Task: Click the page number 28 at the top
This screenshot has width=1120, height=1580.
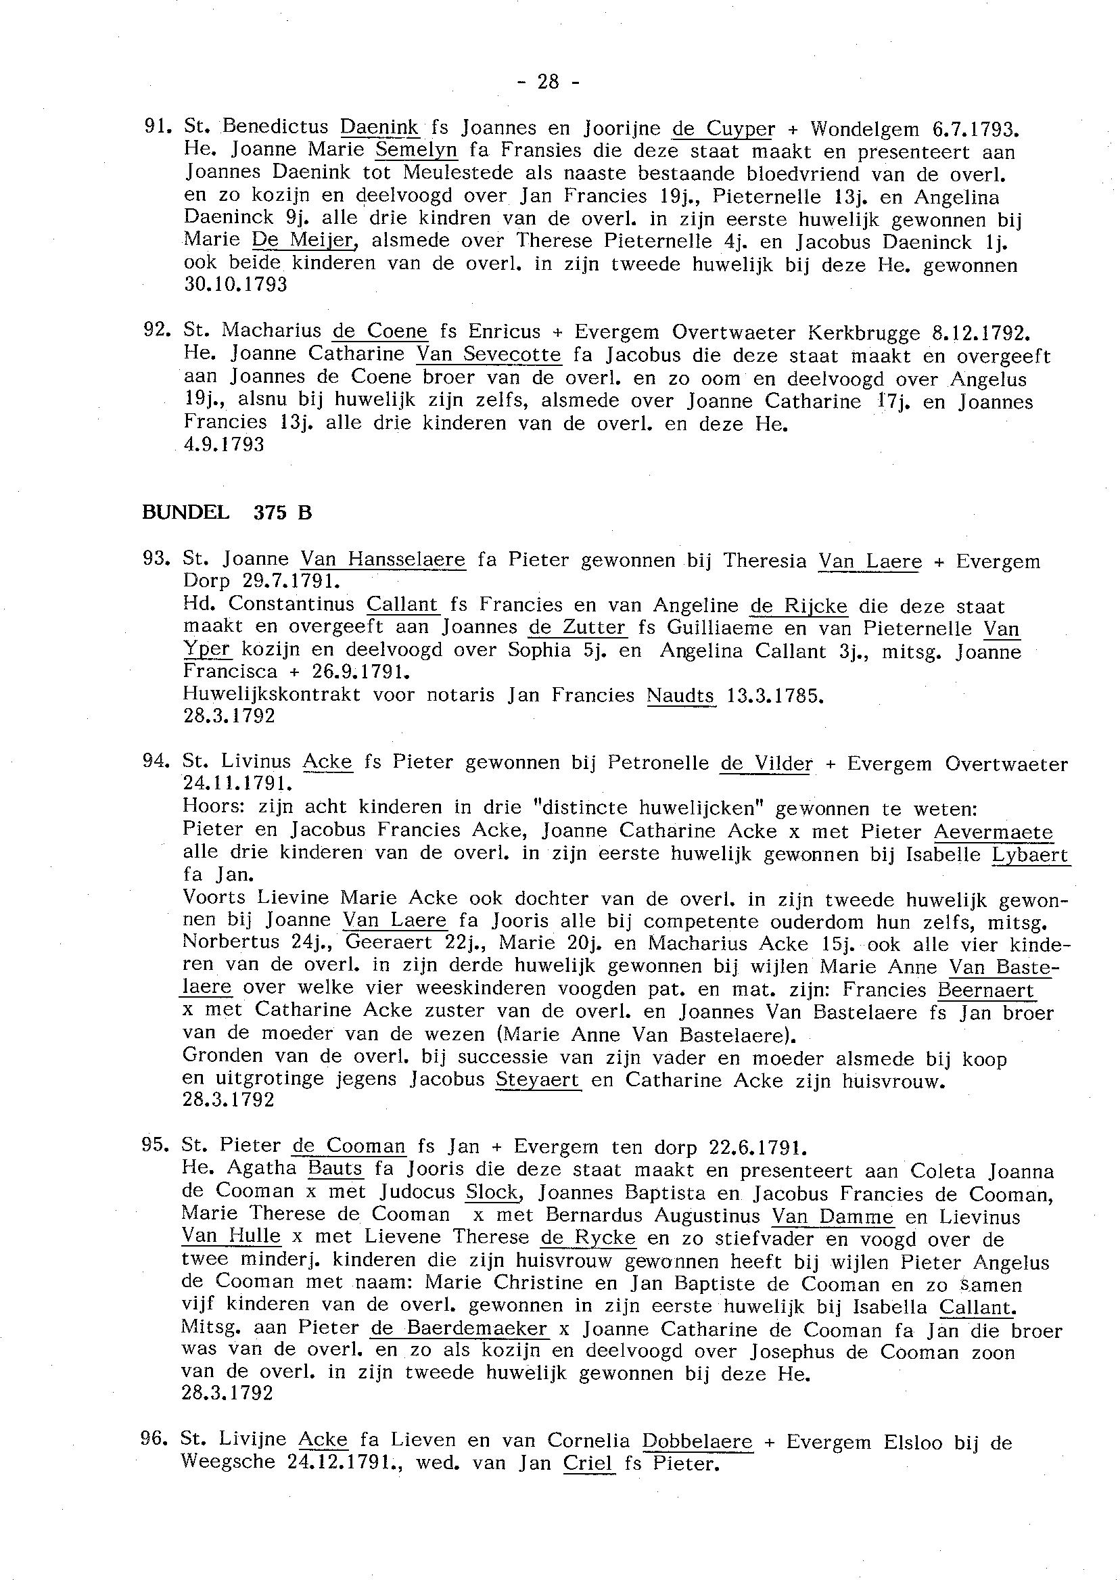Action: tap(548, 83)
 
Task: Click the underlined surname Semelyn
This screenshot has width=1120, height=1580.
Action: tap(411, 149)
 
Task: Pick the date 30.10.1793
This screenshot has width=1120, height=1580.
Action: tap(235, 284)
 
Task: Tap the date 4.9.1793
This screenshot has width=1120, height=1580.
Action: tap(223, 445)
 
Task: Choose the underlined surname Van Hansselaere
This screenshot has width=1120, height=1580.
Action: tap(383, 559)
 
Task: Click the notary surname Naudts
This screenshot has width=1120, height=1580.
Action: tap(680, 695)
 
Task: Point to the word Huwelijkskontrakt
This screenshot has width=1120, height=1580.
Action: tap(271, 695)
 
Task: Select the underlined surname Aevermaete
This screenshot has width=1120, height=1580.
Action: tap(993, 832)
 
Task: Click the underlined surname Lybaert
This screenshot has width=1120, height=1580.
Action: tap(1029, 855)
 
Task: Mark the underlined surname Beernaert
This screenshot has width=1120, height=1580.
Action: tap(986, 990)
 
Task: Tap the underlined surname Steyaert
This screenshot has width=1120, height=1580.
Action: tap(538, 1080)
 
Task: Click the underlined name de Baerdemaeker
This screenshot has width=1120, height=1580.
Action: tap(459, 1328)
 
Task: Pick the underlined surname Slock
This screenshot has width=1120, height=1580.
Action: tap(492, 1192)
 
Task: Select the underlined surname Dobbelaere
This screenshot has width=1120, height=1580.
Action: tap(697, 1441)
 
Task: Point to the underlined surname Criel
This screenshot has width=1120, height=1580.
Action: tap(588, 1464)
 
